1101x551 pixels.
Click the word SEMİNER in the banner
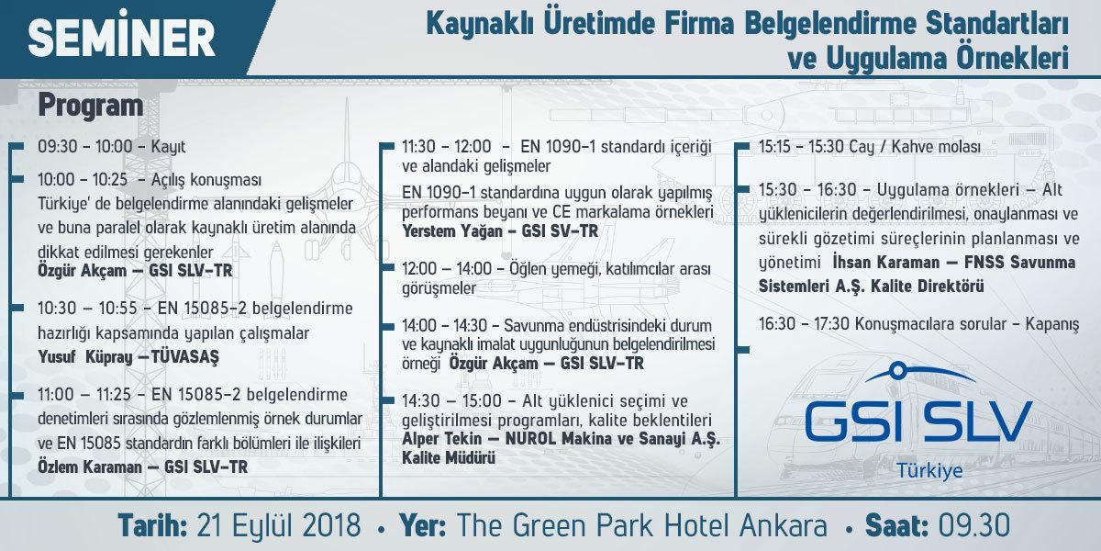(121, 37)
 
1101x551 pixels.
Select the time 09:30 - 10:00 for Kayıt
(85, 147)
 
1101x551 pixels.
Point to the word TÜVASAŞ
(184, 356)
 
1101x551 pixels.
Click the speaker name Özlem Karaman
(90, 467)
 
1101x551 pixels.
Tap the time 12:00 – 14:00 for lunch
(447, 268)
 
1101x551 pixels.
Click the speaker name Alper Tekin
(442, 439)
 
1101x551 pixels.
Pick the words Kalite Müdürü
(449, 458)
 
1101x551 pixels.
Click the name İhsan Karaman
(885, 263)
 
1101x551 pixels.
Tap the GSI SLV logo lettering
(917, 422)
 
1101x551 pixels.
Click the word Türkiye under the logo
(929, 471)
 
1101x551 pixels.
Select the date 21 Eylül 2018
(279, 525)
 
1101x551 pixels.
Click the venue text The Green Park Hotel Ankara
(642, 525)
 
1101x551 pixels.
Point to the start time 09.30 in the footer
(973, 525)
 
